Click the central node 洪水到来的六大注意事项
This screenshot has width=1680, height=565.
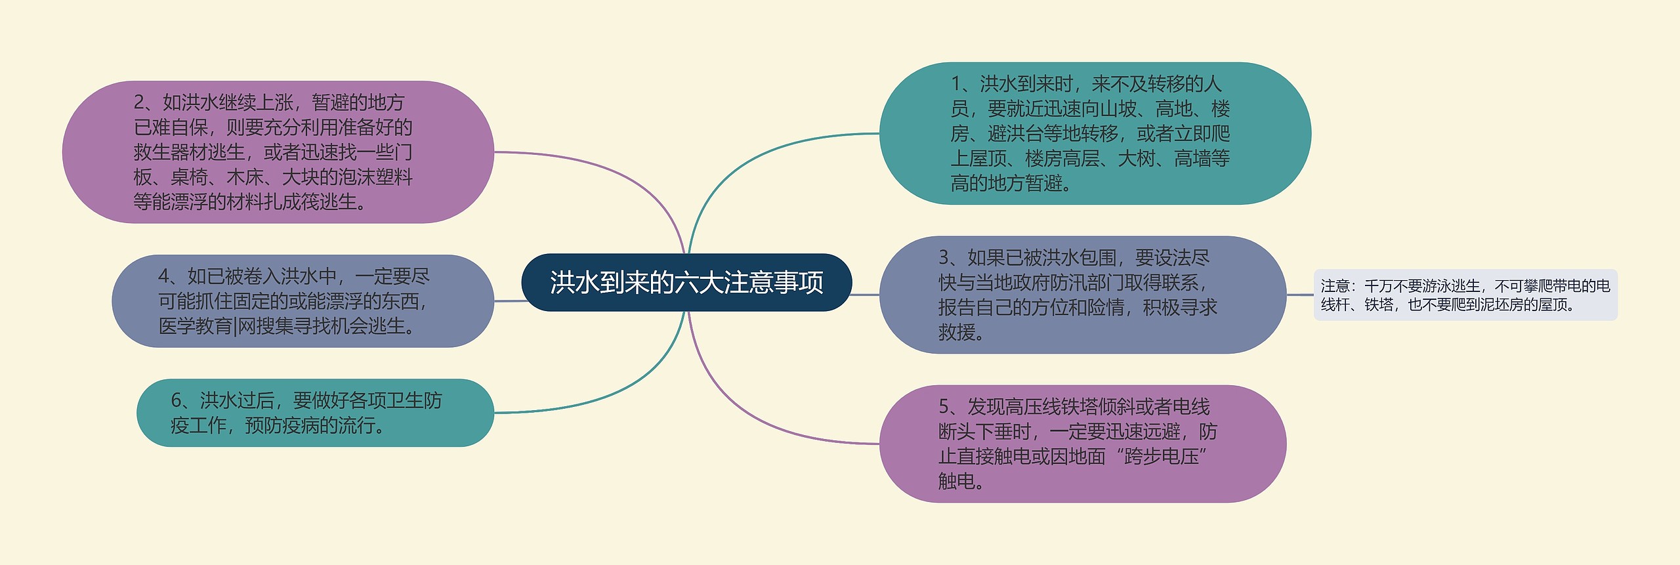click(686, 282)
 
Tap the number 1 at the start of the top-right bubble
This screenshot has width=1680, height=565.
click(956, 84)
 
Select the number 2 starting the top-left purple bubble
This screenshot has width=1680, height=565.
click(139, 102)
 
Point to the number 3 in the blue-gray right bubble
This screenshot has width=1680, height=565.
click(944, 257)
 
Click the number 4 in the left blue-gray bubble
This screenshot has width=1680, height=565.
click(164, 276)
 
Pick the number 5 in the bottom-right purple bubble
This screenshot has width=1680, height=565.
click(944, 407)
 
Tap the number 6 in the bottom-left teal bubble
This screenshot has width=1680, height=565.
click(177, 400)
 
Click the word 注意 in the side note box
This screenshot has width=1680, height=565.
click(1335, 286)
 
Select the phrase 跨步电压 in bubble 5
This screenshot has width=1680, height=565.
click(1162, 457)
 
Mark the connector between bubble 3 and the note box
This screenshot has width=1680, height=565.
click(1300, 295)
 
